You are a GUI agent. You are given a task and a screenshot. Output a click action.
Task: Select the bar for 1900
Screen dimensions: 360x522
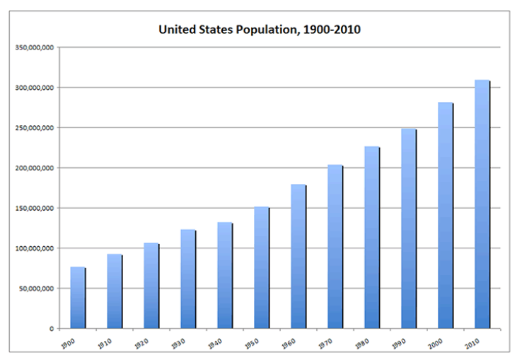(77, 298)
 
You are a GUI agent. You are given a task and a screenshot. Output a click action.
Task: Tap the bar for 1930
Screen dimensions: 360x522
(187, 279)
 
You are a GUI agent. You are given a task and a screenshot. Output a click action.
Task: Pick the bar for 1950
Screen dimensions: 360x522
(261, 268)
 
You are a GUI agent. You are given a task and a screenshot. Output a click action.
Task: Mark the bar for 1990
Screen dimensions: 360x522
(408, 229)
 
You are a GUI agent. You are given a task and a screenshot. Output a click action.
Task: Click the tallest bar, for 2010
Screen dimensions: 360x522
(482, 204)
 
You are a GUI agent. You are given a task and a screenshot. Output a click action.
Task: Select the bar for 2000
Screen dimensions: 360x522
(445, 216)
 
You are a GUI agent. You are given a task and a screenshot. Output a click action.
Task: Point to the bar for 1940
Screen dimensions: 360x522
(224, 276)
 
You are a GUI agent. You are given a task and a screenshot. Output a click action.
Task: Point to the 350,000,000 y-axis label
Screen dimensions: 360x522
(35, 47)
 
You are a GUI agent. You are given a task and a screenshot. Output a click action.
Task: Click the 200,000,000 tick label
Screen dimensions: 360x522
(35, 168)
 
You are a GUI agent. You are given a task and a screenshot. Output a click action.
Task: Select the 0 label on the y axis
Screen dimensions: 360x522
(52, 329)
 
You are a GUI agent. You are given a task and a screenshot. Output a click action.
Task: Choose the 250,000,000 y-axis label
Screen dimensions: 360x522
(35, 128)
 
